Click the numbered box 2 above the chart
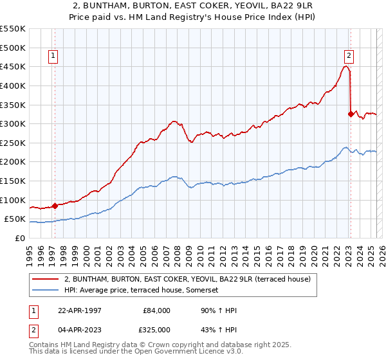point(348,56)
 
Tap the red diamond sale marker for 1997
point(55,206)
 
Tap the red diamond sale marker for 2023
point(351,114)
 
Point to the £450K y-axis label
point(13,66)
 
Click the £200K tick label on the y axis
point(13,161)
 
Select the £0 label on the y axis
point(20,238)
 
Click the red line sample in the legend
point(45,279)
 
